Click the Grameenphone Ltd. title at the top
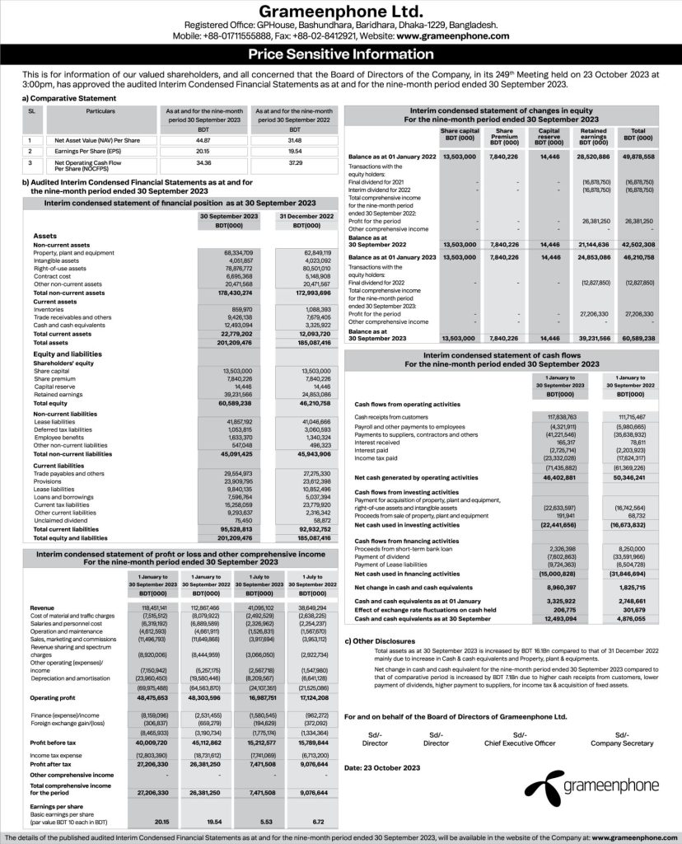(x=340, y=12)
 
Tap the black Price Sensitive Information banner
(x=340, y=56)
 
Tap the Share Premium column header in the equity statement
(x=506, y=137)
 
